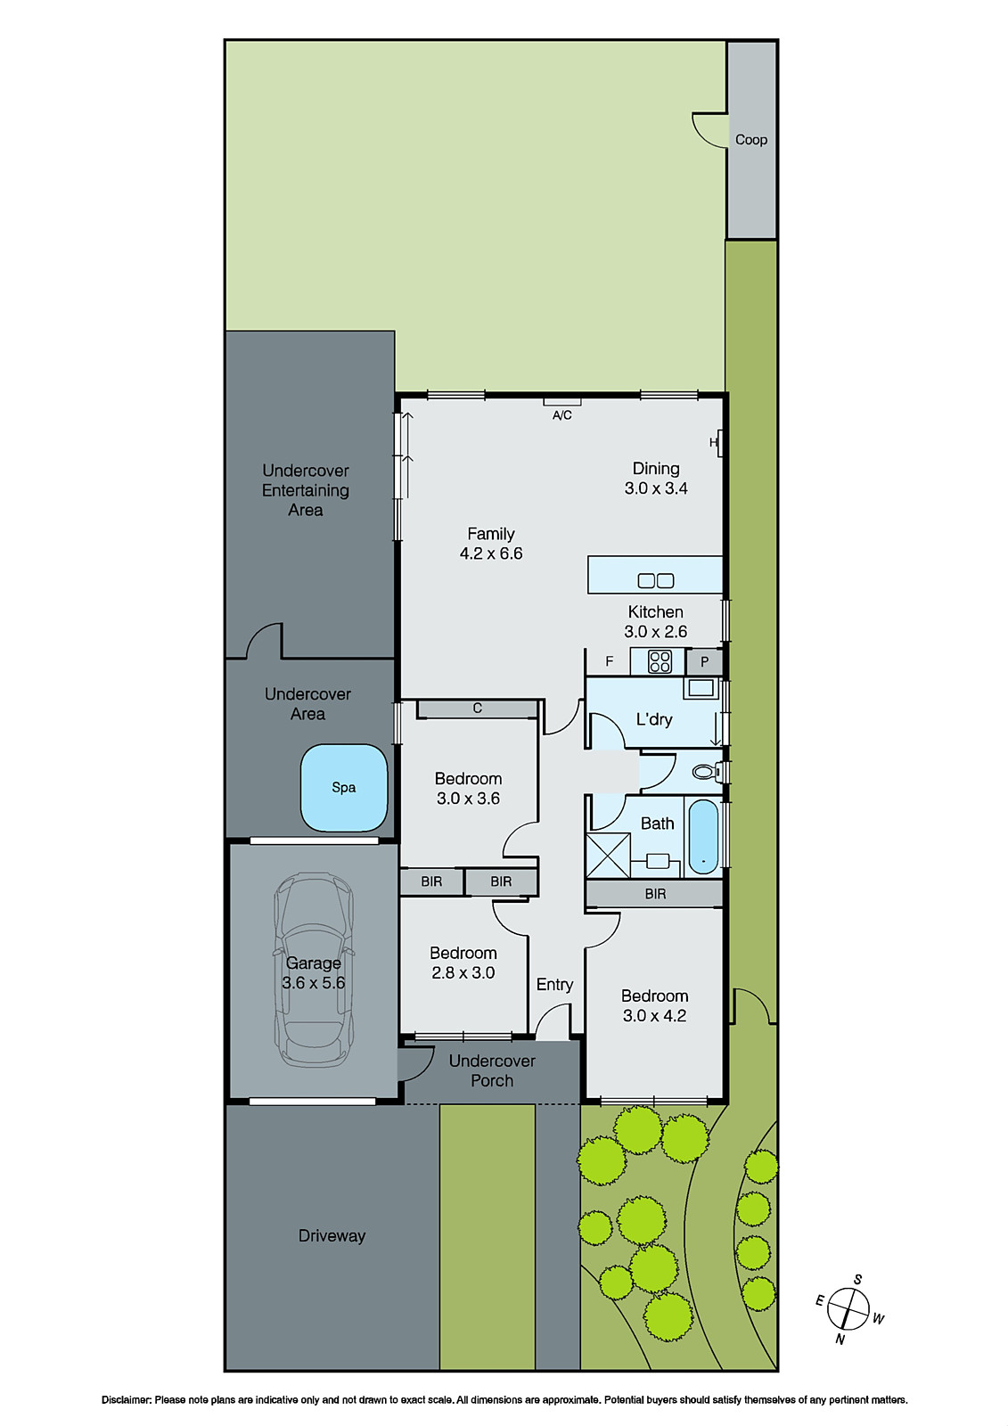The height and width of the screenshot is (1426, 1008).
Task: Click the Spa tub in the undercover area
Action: pyautogui.click(x=344, y=788)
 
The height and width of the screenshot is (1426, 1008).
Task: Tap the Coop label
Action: pyautogui.click(x=751, y=140)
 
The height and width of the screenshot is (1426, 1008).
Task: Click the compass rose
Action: pyautogui.click(x=848, y=1309)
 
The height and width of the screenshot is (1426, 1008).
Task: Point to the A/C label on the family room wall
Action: pyautogui.click(x=561, y=415)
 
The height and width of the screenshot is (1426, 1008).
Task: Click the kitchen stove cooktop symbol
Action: pyautogui.click(x=660, y=661)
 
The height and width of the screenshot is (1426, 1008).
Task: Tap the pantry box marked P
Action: pyautogui.click(x=704, y=662)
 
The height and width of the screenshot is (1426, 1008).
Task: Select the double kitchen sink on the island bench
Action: pyautogui.click(x=656, y=581)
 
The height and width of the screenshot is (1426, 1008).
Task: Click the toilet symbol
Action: pyautogui.click(x=707, y=772)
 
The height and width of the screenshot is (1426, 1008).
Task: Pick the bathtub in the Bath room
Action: pyautogui.click(x=703, y=836)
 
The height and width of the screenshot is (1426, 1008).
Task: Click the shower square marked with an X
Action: pyautogui.click(x=608, y=855)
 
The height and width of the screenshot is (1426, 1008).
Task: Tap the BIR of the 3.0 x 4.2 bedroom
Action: pyautogui.click(x=655, y=894)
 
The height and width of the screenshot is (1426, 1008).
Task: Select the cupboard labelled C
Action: pyautogui.click(x=478, y=709)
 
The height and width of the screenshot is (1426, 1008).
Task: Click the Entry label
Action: pyautogui.click(x=554, y=984)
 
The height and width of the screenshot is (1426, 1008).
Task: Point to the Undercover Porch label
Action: pyautogui.click(x=492, y=1070)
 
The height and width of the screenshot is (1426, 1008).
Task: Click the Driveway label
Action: pyautogui.click(x=332, y=1236)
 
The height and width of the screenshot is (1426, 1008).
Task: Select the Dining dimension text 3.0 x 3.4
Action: pyautogui.click(x=656, y=488)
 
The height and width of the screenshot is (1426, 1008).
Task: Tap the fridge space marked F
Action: pyautogui.click(x=610, y=661)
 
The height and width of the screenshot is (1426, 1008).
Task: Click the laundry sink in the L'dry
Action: pyautogui.click(x=701, y=688)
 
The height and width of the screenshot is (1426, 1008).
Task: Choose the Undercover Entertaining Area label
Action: pyautogui.click(x=306, y=490)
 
